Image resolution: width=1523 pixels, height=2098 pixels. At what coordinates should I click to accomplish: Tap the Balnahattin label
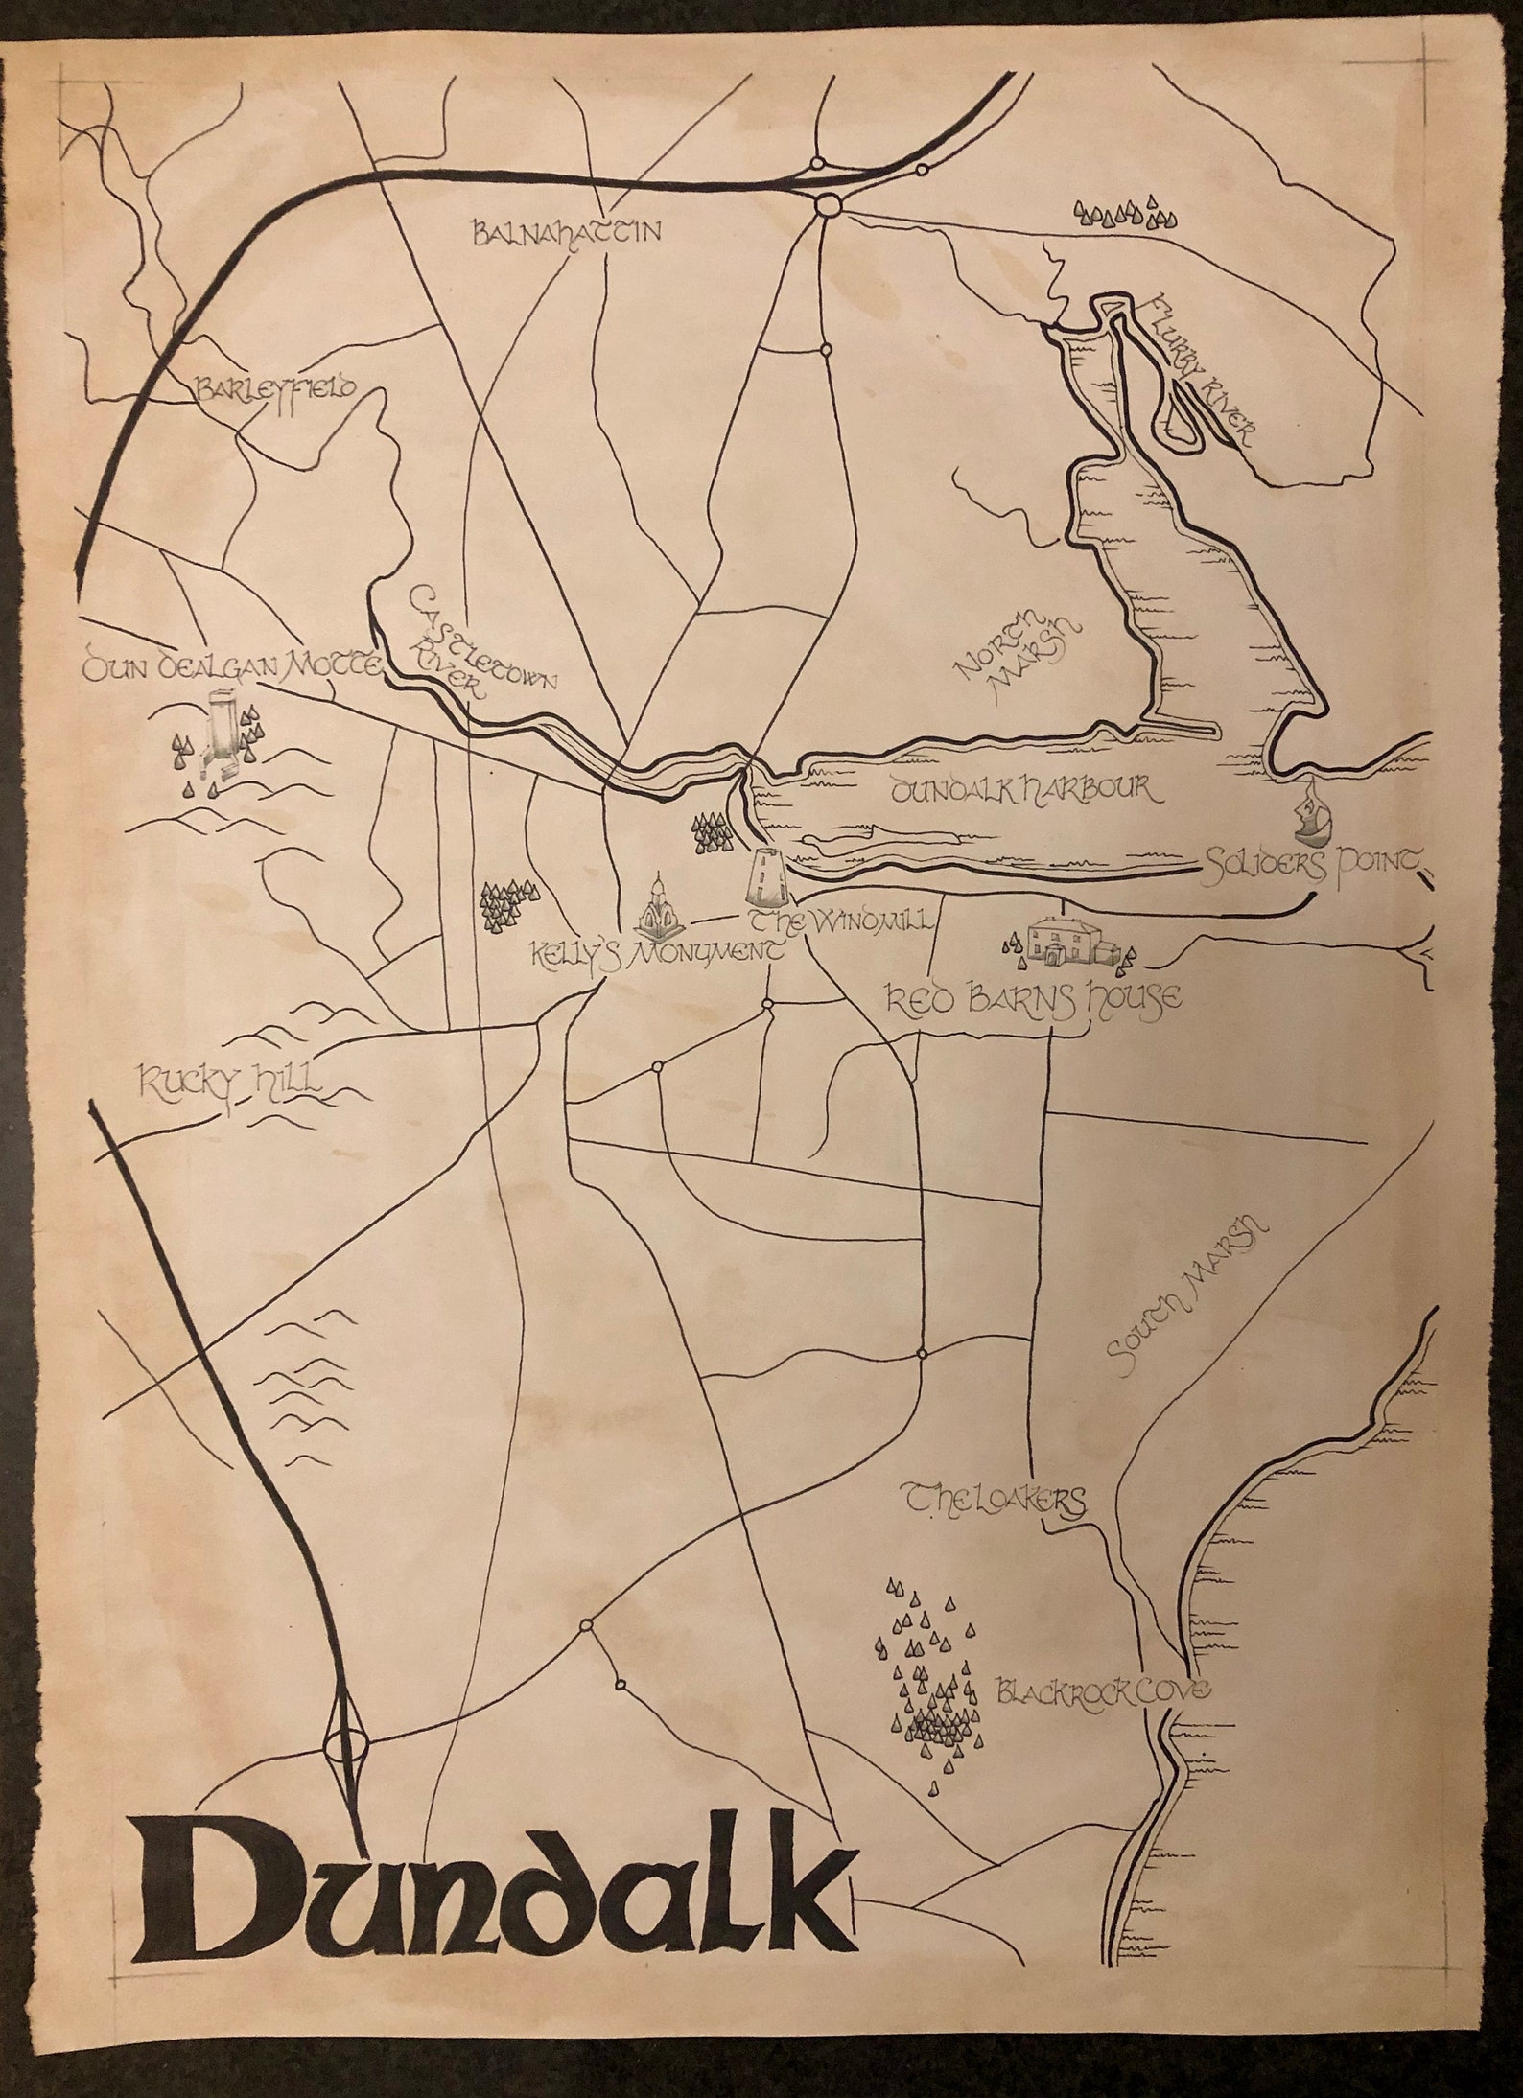pos(568,233)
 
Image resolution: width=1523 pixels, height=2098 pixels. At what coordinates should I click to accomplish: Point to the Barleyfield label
pos(275,388)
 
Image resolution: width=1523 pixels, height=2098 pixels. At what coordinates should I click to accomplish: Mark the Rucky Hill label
pos(230,1084)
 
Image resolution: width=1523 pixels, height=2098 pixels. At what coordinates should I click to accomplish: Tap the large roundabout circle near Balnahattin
pos(828,206)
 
